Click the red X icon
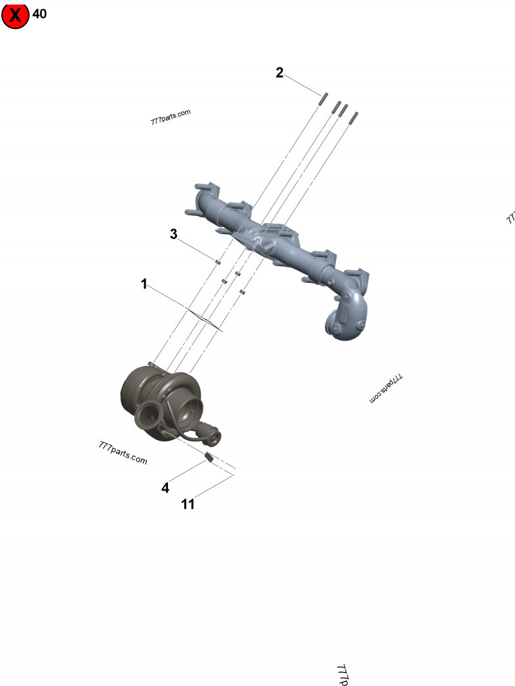point(15,15)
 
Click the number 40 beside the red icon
point(39,14)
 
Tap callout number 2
point(279,73)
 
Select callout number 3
point(173,234)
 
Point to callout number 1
point(144,284)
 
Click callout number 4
point(165,488)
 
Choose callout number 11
point(187,505)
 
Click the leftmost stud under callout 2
point(324,98)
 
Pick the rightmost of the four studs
point(354,116)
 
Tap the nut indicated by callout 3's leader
point(218,262)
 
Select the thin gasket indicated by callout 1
point(204,320)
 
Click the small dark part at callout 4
point(208,457)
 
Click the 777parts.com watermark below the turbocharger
point(123,453)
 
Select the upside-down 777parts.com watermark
point(387,389)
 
